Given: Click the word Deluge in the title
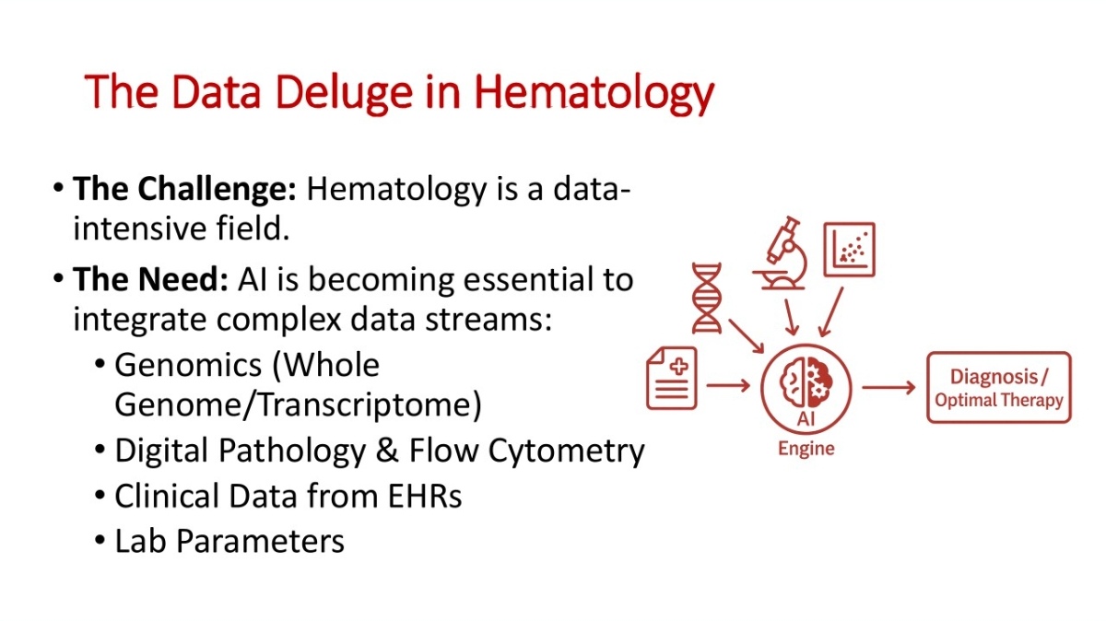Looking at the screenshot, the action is [344, 92].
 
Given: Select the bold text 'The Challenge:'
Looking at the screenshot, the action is [184, 190].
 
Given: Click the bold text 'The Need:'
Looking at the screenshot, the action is [150, 279].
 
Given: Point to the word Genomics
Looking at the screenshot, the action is [188, 366].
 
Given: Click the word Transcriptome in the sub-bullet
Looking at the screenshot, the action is [364, 404].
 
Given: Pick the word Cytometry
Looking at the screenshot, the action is [566, 451].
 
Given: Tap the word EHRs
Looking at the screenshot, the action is [425, 496].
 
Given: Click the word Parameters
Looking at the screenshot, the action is [260, 541].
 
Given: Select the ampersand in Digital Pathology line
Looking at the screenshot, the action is [387, 451].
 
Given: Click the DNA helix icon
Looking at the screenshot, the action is [707, 299].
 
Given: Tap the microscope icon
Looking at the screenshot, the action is [782, 252].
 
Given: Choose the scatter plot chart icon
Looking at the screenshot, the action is [849, 250].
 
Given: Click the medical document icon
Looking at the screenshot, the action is [672, 378].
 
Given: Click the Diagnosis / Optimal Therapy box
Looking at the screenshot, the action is [999, 388].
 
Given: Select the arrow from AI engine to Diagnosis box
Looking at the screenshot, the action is [888, 388].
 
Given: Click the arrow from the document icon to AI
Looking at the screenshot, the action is [728, 385].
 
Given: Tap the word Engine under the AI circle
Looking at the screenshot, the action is [806, 449].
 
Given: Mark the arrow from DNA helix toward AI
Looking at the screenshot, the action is [746, 336].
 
